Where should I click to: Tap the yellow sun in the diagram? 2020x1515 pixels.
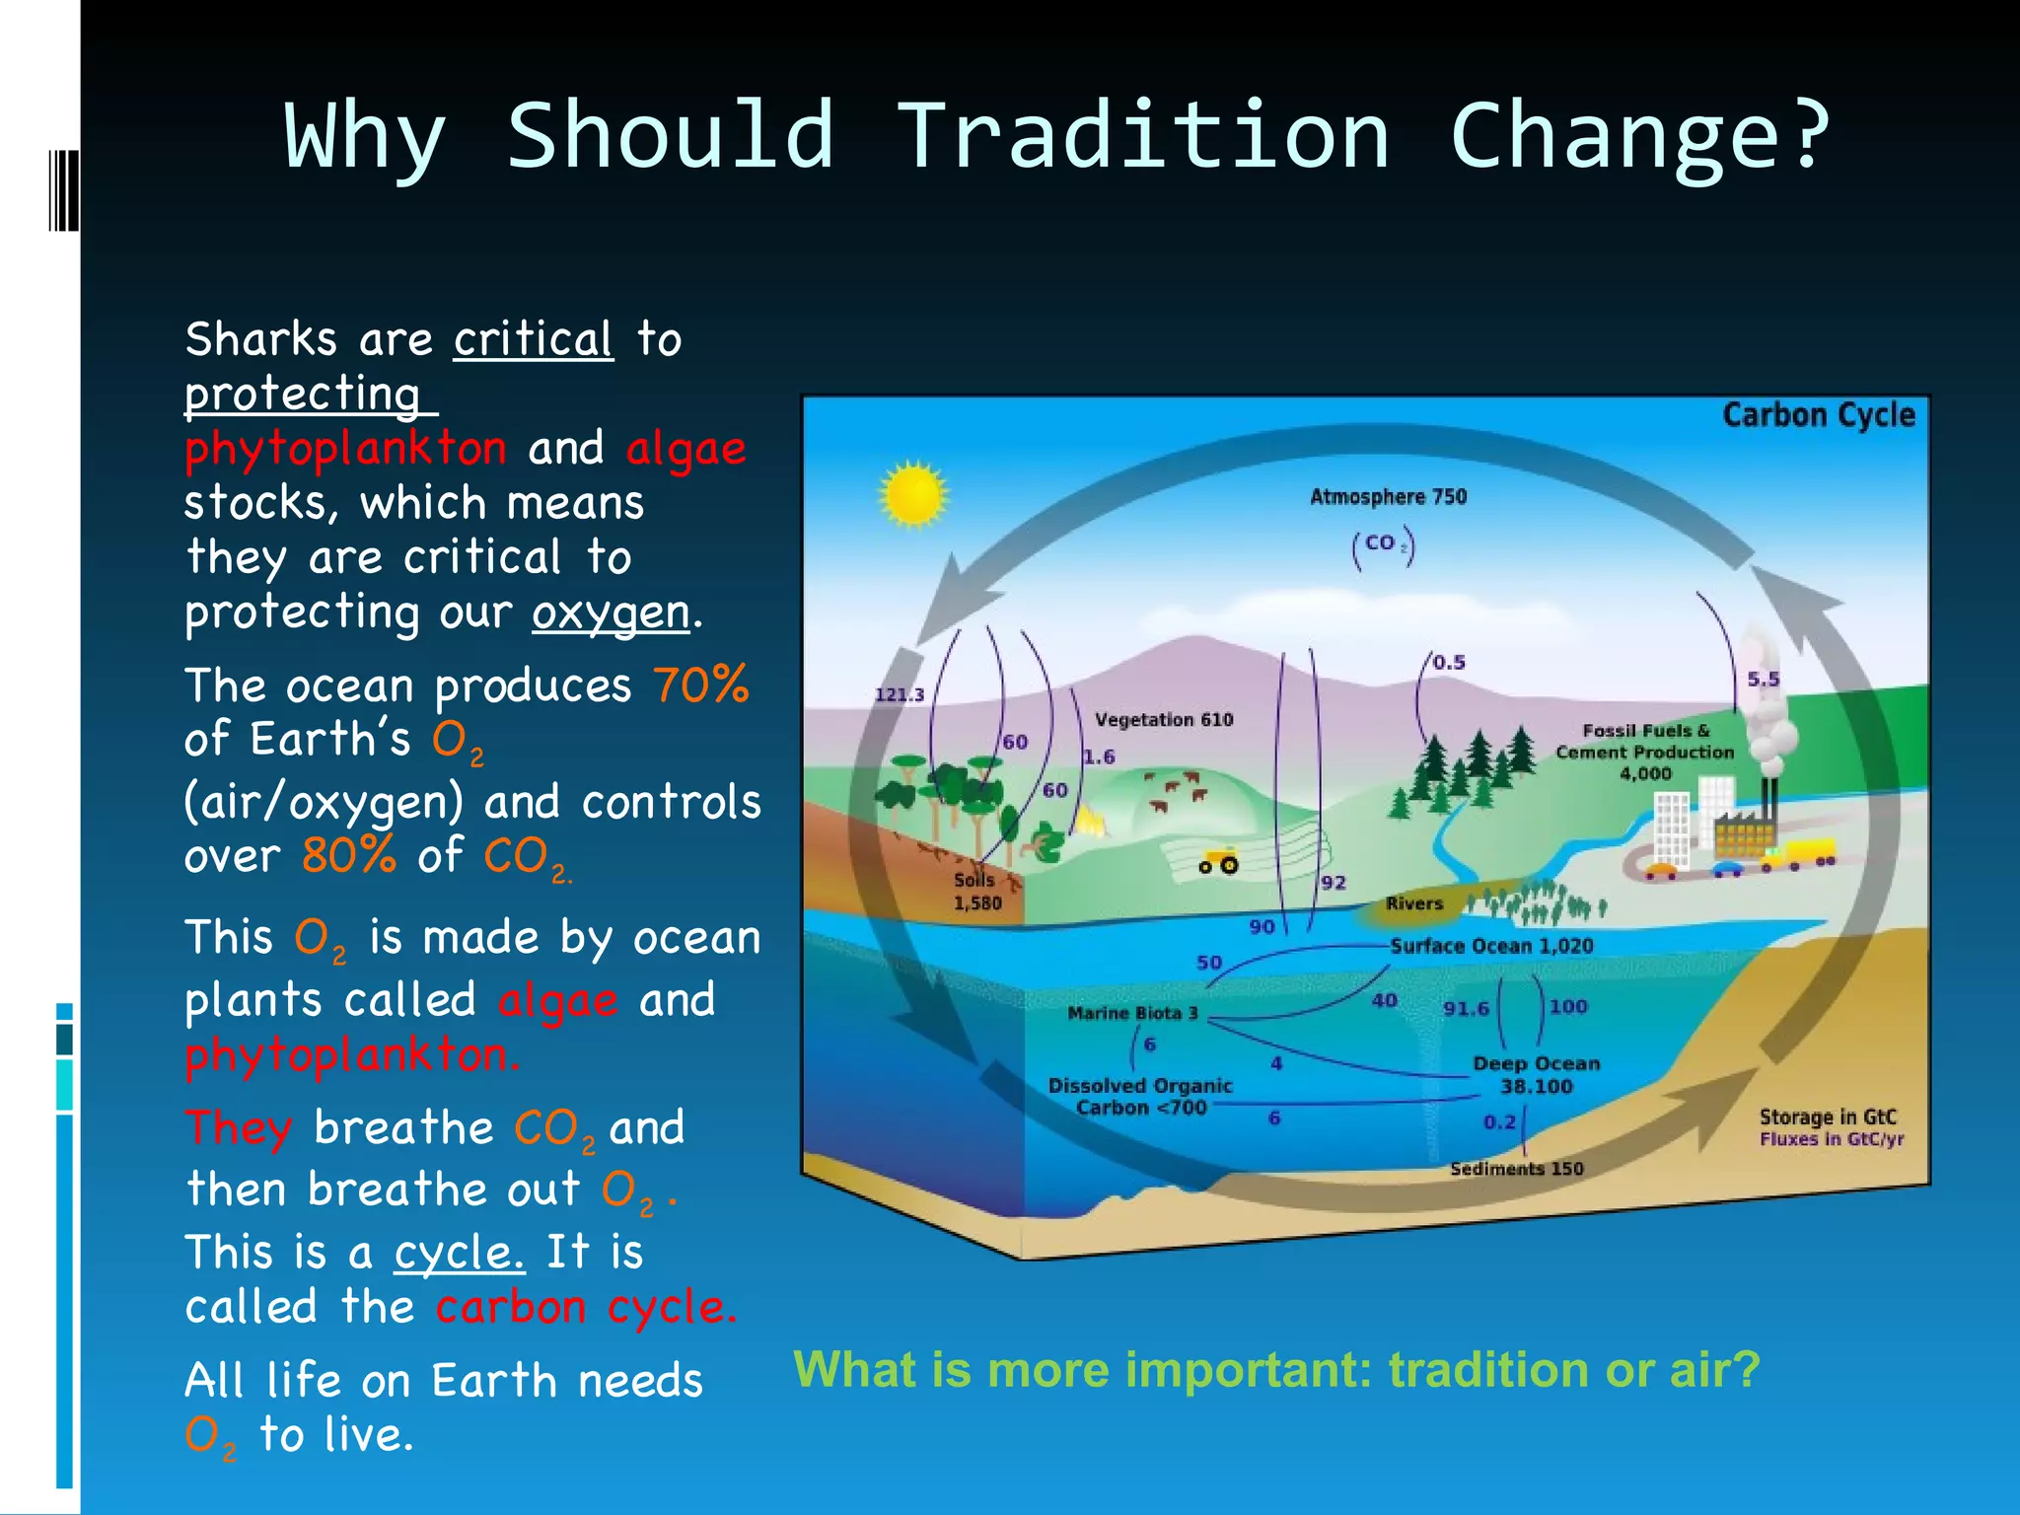coord(913,494)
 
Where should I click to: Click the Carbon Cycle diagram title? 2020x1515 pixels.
coord(1818,415)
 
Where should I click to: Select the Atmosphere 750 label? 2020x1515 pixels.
coord(1388,497)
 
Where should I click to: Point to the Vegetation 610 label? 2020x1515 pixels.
coord(1163,720)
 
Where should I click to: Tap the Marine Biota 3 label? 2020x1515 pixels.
coord(1132,1013)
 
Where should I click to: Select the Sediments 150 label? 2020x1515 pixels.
coord(1516,1169)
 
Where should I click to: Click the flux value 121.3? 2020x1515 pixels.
coord(900,694)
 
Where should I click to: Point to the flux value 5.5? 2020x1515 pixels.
coord(1764,680)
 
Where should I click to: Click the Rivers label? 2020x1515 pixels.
coord(1413,903)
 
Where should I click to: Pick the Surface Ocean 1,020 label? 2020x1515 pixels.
coord(1491,946)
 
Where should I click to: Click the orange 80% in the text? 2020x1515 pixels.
coord(348,855)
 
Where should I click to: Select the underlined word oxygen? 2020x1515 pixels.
coord(611,613)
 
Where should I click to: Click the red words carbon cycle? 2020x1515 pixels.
coord(586,1307)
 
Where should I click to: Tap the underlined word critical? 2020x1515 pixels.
coord(533,340)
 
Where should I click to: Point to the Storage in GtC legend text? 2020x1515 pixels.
coord(1828,1117)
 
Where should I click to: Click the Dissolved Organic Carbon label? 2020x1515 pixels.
coord(1140,1097)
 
